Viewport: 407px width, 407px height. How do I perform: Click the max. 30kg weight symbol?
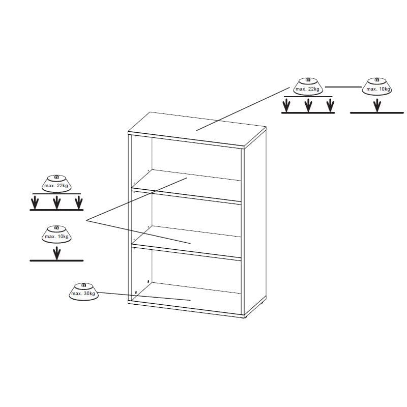coord(83,292)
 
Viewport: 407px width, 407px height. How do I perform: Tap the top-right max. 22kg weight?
coord(308,86)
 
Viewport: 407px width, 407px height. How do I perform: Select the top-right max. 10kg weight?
coord(377,86)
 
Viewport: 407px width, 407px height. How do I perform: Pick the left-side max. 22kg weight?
coord(56,184)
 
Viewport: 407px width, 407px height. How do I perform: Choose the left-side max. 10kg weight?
coord(56,235)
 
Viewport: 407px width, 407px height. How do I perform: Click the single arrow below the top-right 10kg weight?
coord(377,105)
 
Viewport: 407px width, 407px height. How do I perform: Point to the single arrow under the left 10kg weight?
coord(56,253)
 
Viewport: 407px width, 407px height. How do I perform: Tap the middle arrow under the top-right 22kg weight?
coord(308,105)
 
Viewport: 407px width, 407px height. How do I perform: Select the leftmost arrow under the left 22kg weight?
coord(35,202)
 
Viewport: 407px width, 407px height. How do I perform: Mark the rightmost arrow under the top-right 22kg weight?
coord(330,105)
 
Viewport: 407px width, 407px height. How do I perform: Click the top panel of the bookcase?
coord(197,130)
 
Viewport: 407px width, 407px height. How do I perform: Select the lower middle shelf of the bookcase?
coord(186,243)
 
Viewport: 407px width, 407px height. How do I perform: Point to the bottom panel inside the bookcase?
coord(186,299)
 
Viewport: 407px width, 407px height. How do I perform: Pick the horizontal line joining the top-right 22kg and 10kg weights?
coord(343,87)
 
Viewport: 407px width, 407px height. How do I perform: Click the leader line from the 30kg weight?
coord(144,297)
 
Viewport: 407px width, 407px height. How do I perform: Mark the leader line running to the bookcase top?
coord(243,109)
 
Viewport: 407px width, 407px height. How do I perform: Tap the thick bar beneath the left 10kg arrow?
coord(56,260)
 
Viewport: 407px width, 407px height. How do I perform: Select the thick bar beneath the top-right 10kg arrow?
coord(377,113)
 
